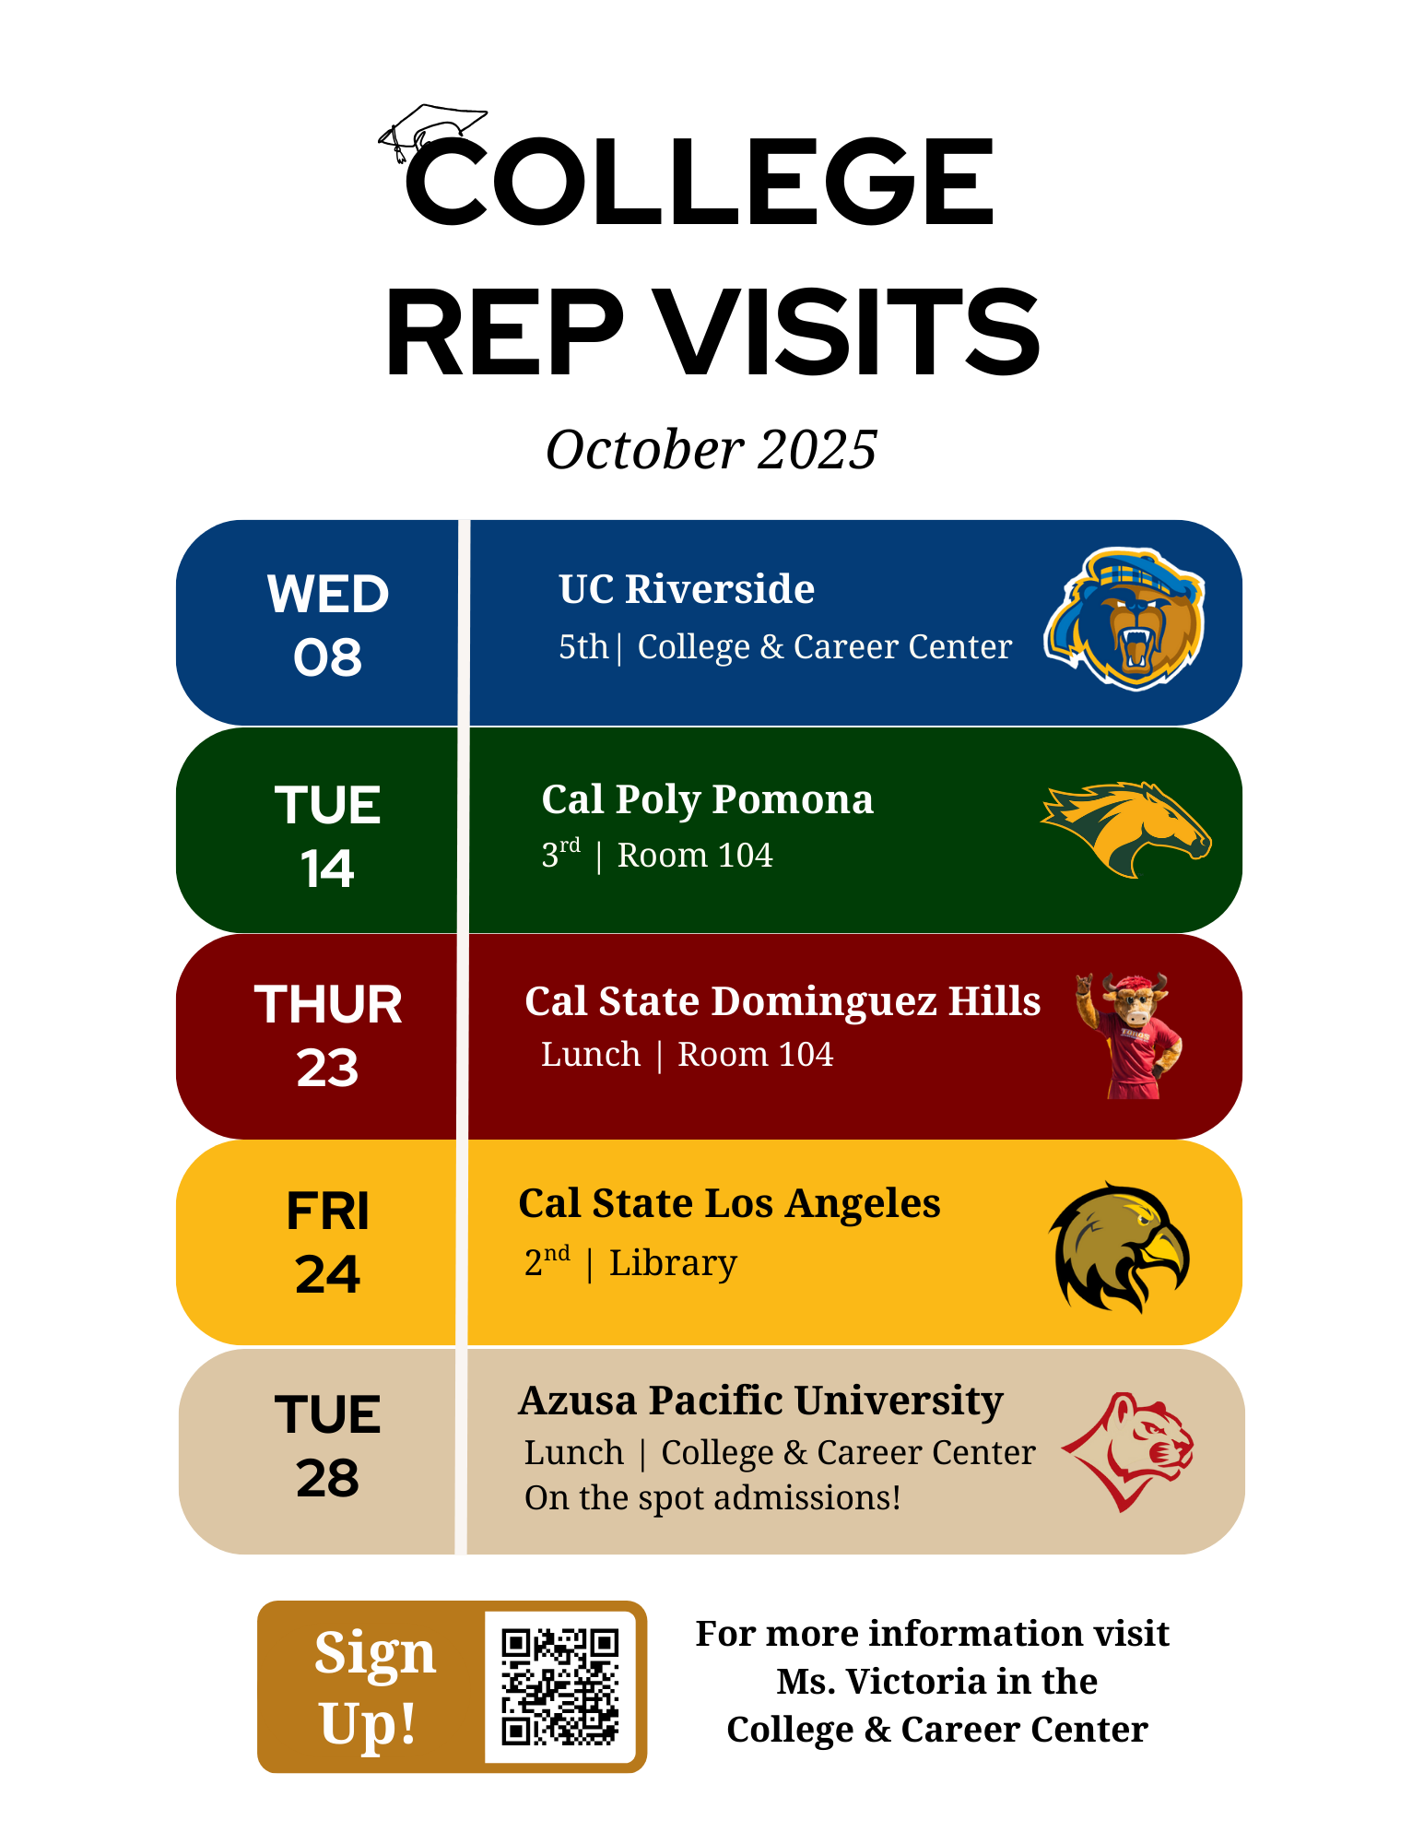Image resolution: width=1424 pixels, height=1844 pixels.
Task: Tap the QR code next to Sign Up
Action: click(x=560, y=1686)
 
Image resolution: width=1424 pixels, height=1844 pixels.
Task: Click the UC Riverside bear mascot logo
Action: click(x=1124, y=619)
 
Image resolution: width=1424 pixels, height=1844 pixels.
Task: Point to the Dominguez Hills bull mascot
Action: click(x=1130, y=1035)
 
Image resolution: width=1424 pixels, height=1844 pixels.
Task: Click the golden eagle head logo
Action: click(x=1119, y=1247)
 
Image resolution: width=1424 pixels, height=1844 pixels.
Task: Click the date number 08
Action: click(x=327, y=657)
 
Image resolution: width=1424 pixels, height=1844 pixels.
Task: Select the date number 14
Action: click(x=327, y=869)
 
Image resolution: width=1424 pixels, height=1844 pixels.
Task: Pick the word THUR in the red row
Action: click(x=328, y=1004)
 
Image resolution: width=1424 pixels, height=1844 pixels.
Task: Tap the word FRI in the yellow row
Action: click(x=327, y=1211)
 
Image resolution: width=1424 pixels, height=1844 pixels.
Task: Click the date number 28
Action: click(x=327, y=1478)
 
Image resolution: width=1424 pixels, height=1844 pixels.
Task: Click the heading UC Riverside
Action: click(x=687, y=588)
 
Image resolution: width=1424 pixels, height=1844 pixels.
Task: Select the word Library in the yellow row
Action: click(x=673, y=1262)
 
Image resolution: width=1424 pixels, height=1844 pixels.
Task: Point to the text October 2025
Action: click(x=712, y=449)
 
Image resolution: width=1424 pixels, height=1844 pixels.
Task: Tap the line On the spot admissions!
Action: click(x=712, y=1498)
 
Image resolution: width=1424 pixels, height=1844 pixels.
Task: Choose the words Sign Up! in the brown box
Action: click(x=372, y=1686)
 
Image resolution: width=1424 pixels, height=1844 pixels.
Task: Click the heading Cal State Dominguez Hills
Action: click(x=783, y=1001)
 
